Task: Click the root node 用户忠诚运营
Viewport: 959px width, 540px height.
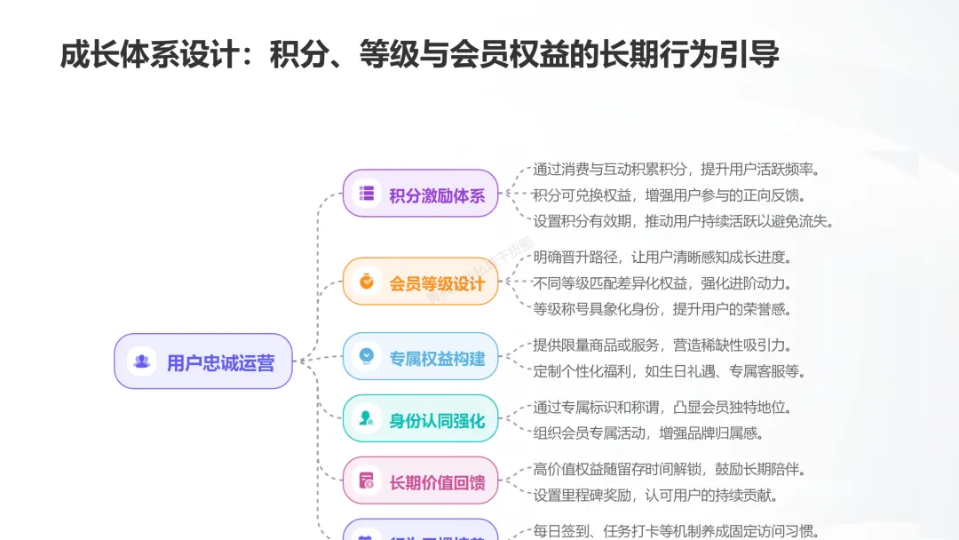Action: tap(203, 361)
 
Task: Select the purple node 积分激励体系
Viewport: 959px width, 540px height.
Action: tap(421, 194)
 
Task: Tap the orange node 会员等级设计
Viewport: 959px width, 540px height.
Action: tap(421, 282)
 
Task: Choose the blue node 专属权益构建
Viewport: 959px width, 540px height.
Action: tap(421, 358)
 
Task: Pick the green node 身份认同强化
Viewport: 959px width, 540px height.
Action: tap(421, 419)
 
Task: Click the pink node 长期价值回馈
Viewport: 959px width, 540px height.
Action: tap(421, 481)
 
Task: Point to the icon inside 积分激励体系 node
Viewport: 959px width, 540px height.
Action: tap(366, 194)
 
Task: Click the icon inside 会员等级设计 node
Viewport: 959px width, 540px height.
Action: tap(366, 282)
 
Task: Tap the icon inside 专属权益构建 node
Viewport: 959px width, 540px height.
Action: tap(366, 357)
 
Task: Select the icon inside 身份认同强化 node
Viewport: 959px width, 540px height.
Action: tap(366, 418)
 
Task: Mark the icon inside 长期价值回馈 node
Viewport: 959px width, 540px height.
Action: tap(366, 481)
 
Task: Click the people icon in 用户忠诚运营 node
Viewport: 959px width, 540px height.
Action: tap(141, 361)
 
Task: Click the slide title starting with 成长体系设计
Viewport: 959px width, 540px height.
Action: tap(419, 55)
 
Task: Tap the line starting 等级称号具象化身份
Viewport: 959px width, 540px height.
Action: tap(662, 309)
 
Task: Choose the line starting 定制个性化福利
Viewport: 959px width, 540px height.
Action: tap(670, 371)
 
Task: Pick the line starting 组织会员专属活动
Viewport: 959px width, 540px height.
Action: tap(648, 433)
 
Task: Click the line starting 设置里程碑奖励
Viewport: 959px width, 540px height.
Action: tap(655, 496)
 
